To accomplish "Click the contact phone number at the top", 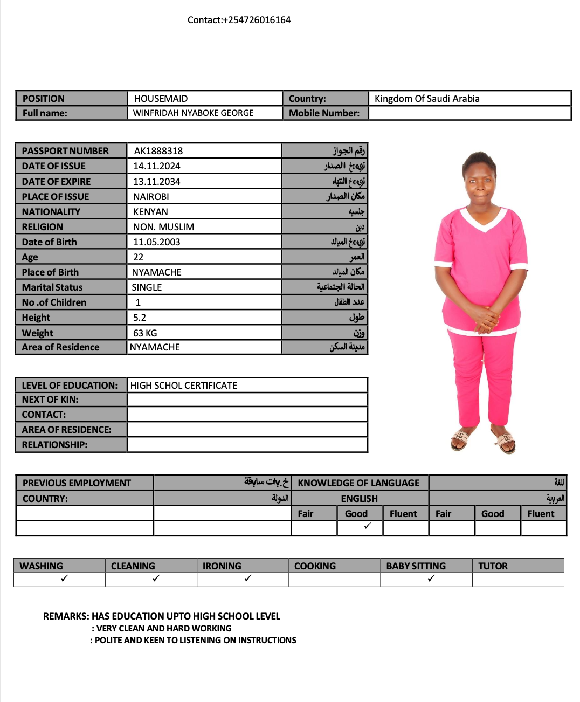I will click(x=239, y=20).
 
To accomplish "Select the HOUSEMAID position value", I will click(x=161, y=99).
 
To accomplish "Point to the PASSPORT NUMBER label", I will click(x=65, y=151).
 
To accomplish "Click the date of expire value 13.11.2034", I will click(x=157, y=182).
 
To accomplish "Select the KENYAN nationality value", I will click(x=150, y=212).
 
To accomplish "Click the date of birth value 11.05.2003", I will click(x=157, y=242).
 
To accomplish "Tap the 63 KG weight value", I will click(x=145, y=333).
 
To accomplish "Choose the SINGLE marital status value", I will click(x=147, y=287).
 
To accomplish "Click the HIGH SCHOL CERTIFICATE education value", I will click(x=183, y=386).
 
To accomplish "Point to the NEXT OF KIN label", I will click(x=50, y=400).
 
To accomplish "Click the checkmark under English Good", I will click(x=367, y=526).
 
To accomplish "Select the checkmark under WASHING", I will click(x=65, y=579).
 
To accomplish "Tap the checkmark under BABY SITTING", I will click(x=431, y=579).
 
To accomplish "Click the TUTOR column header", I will click(x=493, y=566).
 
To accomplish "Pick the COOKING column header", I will click(x=315, y=566).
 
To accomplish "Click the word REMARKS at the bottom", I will click(x=66, y=616).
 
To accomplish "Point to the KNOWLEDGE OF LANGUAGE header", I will click(x=358, y=483).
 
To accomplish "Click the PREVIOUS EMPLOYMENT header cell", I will click(x=77, y=483).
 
